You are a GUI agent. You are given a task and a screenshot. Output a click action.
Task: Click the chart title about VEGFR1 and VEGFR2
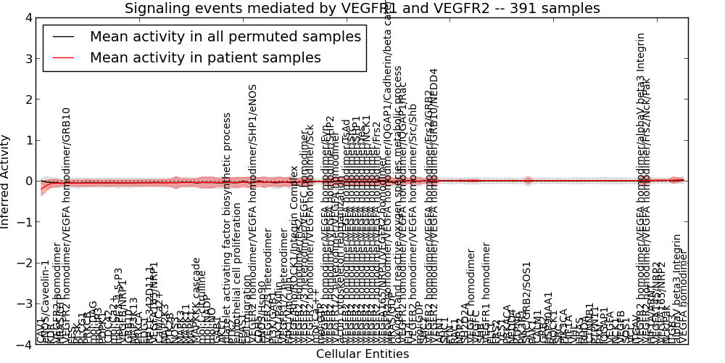click(362, 9)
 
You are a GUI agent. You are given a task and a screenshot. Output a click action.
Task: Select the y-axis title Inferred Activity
click(6, 181)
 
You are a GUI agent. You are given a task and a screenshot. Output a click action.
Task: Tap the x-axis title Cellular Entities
click(362, 354)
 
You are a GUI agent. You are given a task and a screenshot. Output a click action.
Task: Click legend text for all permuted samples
click(225, 37)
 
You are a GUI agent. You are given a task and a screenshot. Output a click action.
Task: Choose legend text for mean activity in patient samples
click(205, 58)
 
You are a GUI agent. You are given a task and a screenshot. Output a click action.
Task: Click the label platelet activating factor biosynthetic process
click(227, 229)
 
